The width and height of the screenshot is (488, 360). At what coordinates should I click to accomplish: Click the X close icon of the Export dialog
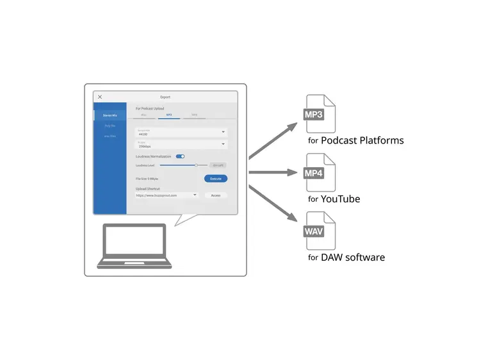[x=100, y=97]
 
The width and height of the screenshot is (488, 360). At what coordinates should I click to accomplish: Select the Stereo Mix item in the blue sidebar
[x=110, y=115]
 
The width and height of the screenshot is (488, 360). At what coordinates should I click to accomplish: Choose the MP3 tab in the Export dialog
[x=169, y=115]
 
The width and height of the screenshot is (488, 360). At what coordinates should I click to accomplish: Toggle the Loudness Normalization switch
[x=180, y=156]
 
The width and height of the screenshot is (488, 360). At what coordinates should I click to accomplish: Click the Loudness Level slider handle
[x=196, y=165]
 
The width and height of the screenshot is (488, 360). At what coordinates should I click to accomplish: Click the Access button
[x=216, y=195]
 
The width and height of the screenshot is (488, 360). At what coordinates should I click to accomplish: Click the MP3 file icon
[x=320, y=114]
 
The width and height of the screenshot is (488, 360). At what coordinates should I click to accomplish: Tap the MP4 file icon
[x=320, y=172]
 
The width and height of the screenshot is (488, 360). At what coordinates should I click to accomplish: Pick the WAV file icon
[x=320, y=231]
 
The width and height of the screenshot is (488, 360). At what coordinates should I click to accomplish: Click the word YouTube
[x=340, y=199]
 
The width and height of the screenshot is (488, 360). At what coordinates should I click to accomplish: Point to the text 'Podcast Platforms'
[x=362, y=140]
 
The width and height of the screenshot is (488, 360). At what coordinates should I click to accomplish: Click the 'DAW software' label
[x=353, y=258]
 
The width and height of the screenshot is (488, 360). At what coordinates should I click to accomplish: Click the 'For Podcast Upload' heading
[x=150, y=108]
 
